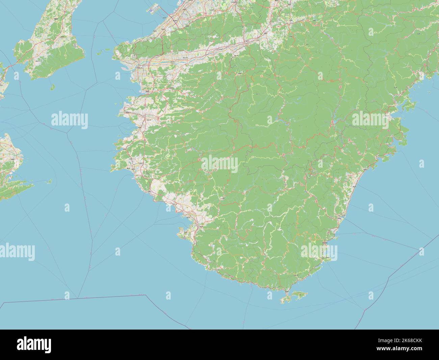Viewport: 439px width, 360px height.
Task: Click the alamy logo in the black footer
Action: [x=34, y=344]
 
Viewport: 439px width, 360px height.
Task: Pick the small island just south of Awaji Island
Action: [x=52, y=87]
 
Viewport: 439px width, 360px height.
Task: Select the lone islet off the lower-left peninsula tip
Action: [x=49, y=182]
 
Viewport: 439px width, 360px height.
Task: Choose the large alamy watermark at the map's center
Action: [x=220, y=164]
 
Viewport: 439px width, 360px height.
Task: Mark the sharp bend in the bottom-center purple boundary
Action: [x=146, y=295]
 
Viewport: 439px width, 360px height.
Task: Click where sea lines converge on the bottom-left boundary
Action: [x=78, y=298]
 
